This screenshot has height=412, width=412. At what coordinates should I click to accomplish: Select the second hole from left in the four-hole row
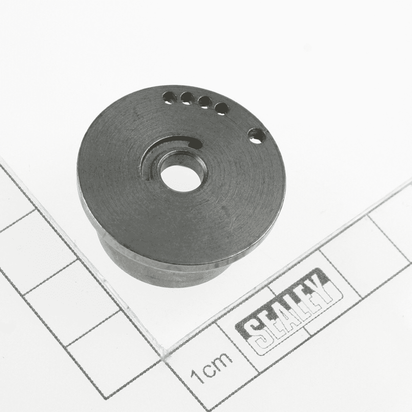pos(187,99)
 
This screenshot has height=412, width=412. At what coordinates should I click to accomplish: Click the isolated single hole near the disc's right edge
pos(257,136)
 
